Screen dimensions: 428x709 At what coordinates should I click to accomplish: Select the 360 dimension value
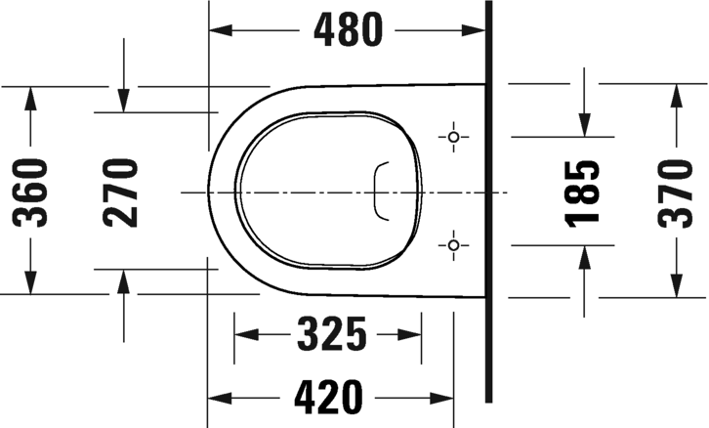[32, 191]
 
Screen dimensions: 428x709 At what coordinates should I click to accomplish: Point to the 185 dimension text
[583, 191]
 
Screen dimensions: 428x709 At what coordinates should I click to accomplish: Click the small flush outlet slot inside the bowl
[382, 191]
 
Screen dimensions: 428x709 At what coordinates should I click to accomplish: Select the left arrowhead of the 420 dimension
[219, 397]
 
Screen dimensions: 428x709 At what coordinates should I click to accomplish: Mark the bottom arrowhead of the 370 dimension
[675, 285]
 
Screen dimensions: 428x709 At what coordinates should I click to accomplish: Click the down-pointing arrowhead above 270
[123, 100]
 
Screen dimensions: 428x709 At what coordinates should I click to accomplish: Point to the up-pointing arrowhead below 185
[583, 257]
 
